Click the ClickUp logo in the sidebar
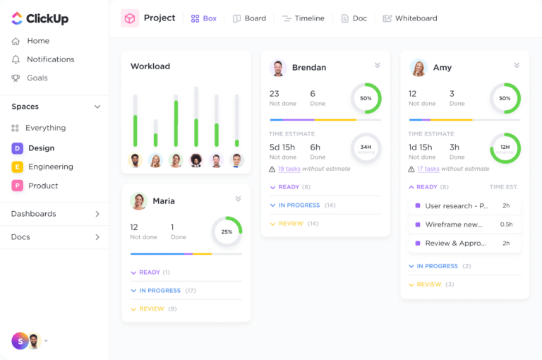point(40,18)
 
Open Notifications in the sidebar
point(50,59)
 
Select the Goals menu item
point(37,78)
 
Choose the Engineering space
point(50,167)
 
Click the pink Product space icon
point(17,186)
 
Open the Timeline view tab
point(303,18)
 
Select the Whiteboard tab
point(410,18)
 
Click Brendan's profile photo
point(278,68)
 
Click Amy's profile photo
point(418,68)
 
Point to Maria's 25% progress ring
point(227,232)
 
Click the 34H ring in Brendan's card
point(366,148)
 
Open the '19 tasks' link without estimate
point(289,169)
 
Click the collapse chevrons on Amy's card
point(517,66)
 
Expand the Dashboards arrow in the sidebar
point(97,214)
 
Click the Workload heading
point(150,66)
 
